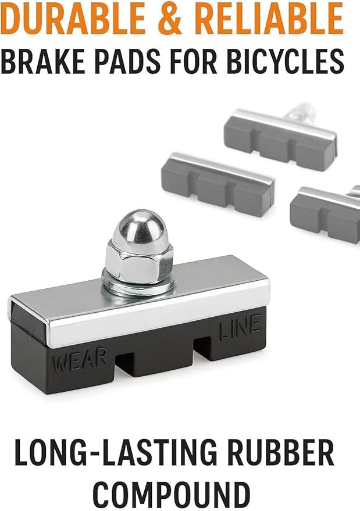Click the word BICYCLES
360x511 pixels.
(x=285, y=61)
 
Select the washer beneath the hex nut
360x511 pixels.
(x=138, y=286)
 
